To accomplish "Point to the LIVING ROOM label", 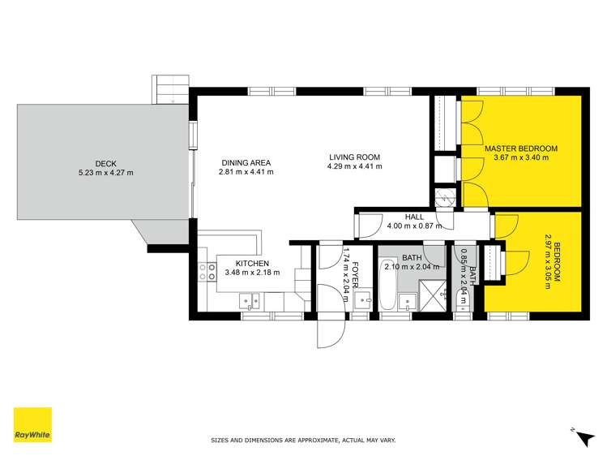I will [x=354, y=157].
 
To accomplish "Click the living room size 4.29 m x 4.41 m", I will [x=354, y=167].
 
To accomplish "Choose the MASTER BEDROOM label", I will [x=521, y=148].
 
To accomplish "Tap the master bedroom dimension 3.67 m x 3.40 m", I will [x=521, y=158].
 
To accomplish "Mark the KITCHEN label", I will [x=252, y=263].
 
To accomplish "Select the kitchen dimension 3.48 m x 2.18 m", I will [x=252, y=273].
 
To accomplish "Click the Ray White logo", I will [x=32, y=424].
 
